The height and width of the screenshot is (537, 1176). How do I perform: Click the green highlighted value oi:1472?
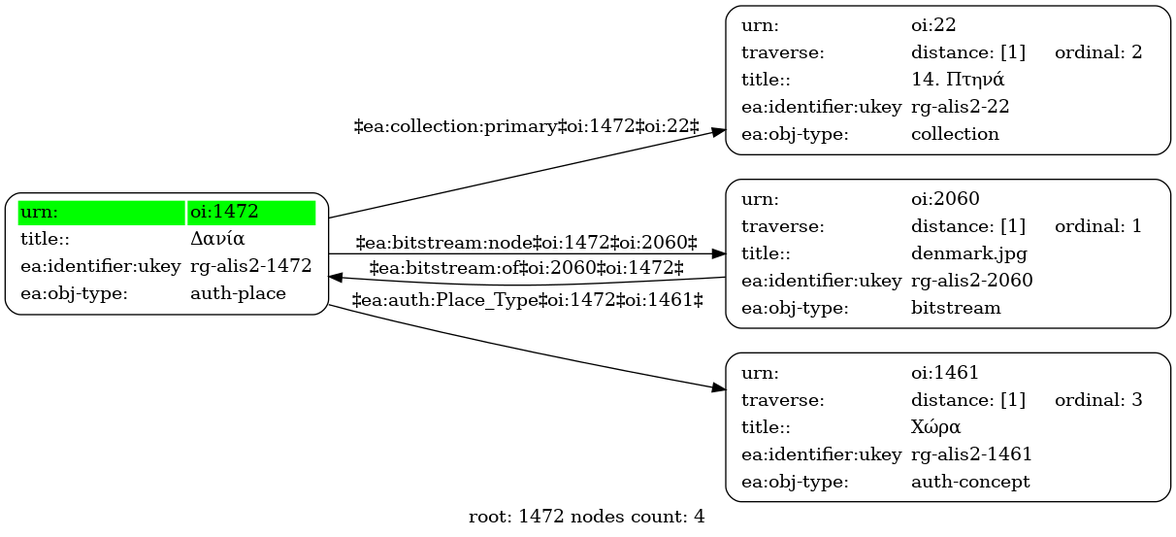[x=224, y=212]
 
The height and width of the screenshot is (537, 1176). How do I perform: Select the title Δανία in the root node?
[x=217, y=239]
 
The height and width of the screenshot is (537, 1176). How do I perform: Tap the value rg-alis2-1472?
[x=251, y=266]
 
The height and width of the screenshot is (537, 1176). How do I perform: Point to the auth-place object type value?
[x=238, y=293]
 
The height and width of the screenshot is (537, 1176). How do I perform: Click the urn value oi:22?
[x=933, y=25]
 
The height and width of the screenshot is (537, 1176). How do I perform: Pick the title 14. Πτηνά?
[x=958, y=80]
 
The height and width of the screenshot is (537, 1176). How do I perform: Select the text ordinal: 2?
[x=1098, y=52]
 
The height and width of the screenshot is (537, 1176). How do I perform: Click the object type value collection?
[x=955, y=134]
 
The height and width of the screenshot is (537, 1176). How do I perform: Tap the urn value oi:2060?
[x=945, y=199]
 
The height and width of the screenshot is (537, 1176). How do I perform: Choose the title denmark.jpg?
[x=969, y=253]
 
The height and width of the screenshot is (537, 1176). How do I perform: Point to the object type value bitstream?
[x=956, y=308]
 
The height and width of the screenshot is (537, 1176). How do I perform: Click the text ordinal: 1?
[x=1098, y=226]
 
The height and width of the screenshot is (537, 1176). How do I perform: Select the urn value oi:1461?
[x=945, y=373]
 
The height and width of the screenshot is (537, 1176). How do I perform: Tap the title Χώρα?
[x=935, y=426]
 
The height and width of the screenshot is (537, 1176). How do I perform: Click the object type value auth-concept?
[x=970, y=482]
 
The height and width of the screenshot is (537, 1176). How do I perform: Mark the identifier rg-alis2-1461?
[x=972, y=454]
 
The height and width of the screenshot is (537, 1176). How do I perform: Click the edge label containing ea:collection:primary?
[x=527, y=126]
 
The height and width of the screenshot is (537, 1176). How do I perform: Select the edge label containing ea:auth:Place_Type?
[x=527, y=300]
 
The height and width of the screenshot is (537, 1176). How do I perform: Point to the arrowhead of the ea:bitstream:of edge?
[x=336, y=277]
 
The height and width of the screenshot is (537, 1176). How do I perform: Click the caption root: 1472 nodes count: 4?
[x=586, y=517]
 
